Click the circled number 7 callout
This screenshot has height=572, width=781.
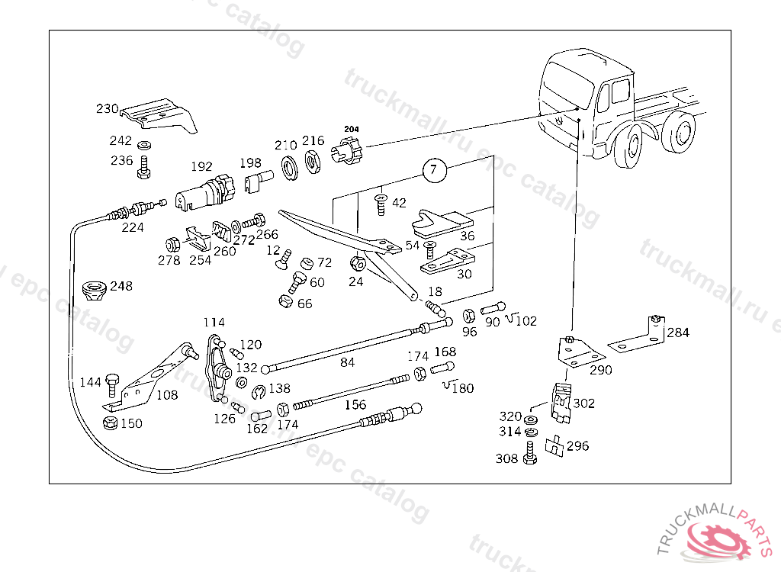pos(433,169)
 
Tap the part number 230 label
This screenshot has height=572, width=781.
pos(107,109)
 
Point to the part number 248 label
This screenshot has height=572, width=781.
pos(121,287)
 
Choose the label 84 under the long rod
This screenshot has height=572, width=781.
pos(347,362)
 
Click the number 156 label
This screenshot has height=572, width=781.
pos(355,405)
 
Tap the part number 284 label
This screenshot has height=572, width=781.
pos(677,333)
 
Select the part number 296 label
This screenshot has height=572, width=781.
pos(577,446)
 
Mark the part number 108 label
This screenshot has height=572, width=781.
pos(167,395)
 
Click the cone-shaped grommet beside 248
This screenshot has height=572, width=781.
pos(93,291)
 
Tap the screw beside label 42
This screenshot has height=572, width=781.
pos(379,202)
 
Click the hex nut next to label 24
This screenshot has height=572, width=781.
pos(355,265)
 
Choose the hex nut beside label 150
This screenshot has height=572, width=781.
pos(109,423)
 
